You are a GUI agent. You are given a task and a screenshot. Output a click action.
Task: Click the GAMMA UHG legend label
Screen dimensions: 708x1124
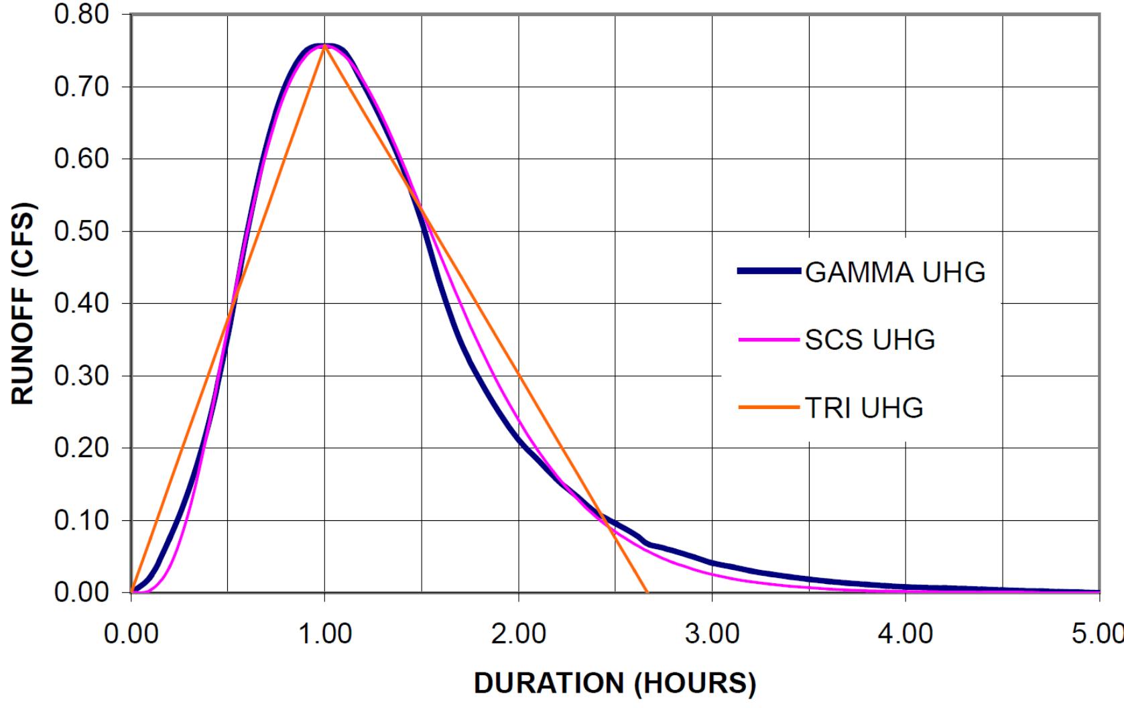point(895,273)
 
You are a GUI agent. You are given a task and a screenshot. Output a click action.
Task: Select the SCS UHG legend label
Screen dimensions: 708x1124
point(869,341)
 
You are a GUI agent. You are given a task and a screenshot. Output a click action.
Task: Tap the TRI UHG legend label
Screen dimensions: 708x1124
point(863,408)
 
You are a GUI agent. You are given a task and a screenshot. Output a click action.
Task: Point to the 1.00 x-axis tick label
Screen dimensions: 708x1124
point(325,634)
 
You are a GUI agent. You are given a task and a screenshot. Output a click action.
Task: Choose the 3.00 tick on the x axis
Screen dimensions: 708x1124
point(712,634)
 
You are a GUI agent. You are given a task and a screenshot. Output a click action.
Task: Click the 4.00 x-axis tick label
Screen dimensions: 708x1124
point(906,634)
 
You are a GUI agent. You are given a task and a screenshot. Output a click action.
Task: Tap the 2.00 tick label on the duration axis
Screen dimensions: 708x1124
point(519,634)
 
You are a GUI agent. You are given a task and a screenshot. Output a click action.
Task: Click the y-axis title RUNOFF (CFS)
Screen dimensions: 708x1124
point(23,303)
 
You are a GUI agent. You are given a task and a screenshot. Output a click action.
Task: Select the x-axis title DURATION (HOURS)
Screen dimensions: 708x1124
point(615,683)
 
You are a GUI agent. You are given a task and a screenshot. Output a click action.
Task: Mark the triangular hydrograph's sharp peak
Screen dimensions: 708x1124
point(325,45)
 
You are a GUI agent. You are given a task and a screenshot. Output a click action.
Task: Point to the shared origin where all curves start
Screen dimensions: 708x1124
point(131,592)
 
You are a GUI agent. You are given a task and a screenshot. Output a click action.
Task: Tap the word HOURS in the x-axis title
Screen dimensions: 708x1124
point(696,683)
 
